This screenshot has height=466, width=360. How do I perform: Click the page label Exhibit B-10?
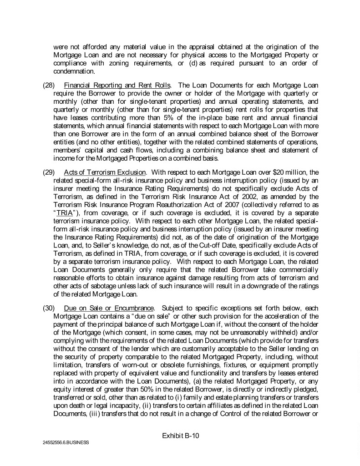point(181,436)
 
